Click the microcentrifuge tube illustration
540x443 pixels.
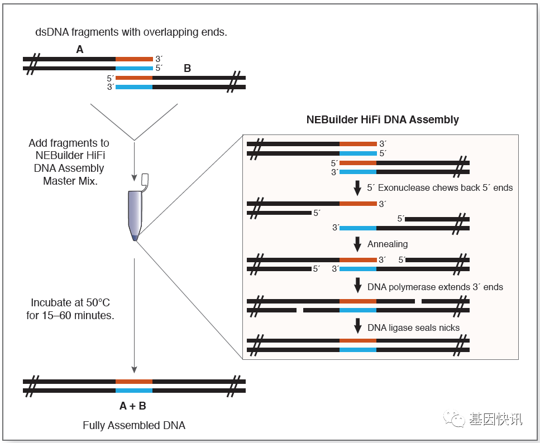[x=135, y=214]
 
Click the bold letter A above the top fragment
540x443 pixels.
[x=79, y=50]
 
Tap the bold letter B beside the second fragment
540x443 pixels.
[x=187, y=68]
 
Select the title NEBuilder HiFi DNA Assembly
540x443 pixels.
[x=383, y=119]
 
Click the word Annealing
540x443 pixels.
[x=388, y=244]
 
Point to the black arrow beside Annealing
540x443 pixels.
[x=357, y=244]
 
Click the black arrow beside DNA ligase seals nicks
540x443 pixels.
[x=358, y=326]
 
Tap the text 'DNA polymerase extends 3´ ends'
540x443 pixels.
[x=436, y=287]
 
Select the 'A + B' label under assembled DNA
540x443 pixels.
[x=132, y=406]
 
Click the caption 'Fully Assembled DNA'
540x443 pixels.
[x=134, y=426]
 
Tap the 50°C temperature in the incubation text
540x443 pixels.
[x=98, y=302]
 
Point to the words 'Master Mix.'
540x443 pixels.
[x=70, y=181]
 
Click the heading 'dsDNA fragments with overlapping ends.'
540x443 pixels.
[x=131, y=32]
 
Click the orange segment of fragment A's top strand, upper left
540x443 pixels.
[x=134, y=59]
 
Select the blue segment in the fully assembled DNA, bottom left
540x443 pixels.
[x=134, y=391]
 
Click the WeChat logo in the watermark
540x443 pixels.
[x=454, y=418]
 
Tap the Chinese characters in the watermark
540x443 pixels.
[x=495, y=419]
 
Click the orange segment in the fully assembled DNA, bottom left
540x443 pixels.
[x=134, y=382]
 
